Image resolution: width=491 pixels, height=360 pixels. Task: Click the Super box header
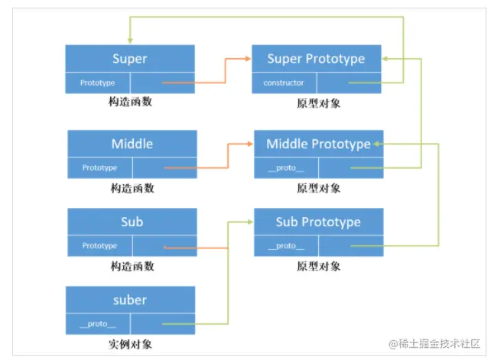pyautogui.click(x=129, y=59)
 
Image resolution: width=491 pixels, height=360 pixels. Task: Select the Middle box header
pyautogui.click(x=132, y=144)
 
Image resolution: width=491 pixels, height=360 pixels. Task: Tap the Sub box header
pyautogui.click(x=132, y=222)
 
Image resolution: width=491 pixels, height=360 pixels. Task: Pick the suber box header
pyautogui.click(x=129, y=300)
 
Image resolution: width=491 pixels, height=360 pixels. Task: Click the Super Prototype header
pyautogui.click(x=316, y=59)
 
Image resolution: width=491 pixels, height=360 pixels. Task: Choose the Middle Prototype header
pyautogui.click(x=318, y=144)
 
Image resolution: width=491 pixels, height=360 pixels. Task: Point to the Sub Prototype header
pyautogui.click(x=318, y=222)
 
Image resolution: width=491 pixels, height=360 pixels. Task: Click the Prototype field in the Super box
pyautogui.click(x=97, y=83)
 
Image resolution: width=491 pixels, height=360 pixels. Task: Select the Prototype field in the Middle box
pyautogui.click(x=99, y=167)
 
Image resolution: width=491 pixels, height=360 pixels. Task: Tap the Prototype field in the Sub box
pyautogui.click(x=99, y=246)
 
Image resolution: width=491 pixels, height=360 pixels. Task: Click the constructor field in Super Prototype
pyautogui.click(x=284, y=83)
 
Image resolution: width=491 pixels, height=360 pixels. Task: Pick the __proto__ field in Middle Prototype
pyautogui.click(x=286, y=167)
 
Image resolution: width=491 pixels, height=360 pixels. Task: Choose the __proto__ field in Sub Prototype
pyautogui.click(x=286, y=246)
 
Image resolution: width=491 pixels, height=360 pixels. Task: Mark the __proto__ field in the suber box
pyautogui.click(x=97, y=324)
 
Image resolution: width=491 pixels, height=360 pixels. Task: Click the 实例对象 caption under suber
pyautogui.click(x=130, y=344)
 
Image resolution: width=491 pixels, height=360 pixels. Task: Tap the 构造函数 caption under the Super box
pyautogui.click(x=131, y=102)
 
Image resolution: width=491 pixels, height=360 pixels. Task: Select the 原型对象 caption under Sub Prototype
pyautogui.click(x=318, y=266)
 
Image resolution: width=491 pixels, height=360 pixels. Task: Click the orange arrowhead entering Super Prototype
pyautogui.click(x=248, y=58)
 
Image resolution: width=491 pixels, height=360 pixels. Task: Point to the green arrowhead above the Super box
pyautogui.click(x=129, y=40)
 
